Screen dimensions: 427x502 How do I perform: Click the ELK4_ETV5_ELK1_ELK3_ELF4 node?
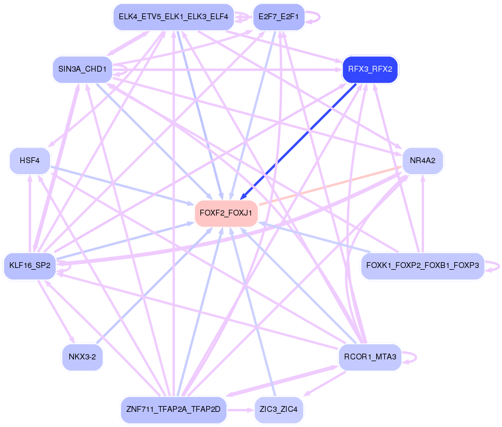coord(174,17)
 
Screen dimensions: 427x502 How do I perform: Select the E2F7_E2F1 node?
coord(278,17)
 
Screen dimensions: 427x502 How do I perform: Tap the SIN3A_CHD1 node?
coord(82,69)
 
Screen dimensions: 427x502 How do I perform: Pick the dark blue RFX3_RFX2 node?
coord(370,69)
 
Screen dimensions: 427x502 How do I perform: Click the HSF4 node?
coord(30,160)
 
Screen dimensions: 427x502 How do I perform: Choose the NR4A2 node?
coord(423,160)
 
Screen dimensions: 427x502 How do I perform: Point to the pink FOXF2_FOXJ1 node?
coord(226,213)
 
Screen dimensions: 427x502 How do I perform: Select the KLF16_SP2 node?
coord(30,266)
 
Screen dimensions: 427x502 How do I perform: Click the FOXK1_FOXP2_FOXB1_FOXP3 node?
coord(422,266)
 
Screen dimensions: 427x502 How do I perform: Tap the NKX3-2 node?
coord(82,357)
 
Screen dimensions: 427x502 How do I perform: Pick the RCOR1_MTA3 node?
coord(370,357)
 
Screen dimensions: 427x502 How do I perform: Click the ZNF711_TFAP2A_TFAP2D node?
coord(174,410)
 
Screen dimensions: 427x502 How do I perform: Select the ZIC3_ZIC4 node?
coord(278,410)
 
